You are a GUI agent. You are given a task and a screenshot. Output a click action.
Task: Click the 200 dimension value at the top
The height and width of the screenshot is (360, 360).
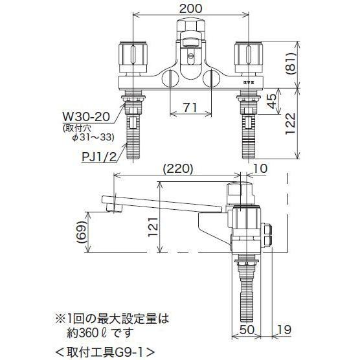tap(190, 8)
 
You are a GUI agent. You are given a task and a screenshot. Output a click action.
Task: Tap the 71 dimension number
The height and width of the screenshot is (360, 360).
tap(190, 107)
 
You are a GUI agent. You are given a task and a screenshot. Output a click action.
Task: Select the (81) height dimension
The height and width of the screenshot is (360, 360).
tap(291, 63)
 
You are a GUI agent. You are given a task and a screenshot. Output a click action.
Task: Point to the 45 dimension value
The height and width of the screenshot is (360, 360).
tap(272, 101)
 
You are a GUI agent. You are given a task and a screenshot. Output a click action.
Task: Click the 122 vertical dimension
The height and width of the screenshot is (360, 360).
tap(290, 124)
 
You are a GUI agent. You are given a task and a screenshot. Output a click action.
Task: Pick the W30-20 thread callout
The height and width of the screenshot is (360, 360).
tap(87, 117)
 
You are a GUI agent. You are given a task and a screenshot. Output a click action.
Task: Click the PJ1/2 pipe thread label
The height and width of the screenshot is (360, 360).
tap(100, 158)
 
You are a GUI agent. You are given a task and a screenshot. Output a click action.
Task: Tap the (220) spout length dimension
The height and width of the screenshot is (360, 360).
tap(177, 169)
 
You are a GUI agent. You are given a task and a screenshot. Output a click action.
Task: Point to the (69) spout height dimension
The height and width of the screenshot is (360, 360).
tap(82, 232)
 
